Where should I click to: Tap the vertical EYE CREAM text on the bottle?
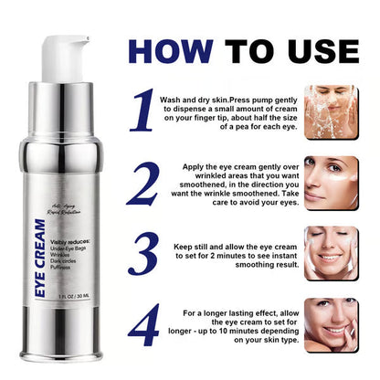click(39, 263)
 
